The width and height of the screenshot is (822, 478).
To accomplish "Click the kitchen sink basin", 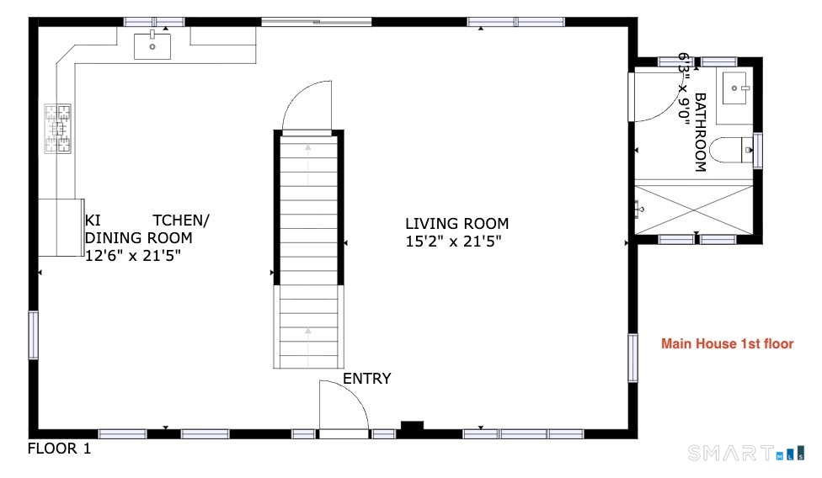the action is click(152, 46).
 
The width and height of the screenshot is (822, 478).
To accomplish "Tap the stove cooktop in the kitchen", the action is click(57, 128).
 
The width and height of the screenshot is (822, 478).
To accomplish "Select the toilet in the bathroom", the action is click(731, 150).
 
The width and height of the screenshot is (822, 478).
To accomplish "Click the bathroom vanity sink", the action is click(736, 88).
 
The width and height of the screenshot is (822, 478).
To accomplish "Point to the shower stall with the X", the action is click(694, 210).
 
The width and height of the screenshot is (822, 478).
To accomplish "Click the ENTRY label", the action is click(367, 379).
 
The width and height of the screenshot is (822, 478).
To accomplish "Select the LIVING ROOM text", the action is click(457, 224).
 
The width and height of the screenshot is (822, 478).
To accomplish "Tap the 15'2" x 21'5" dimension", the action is click(453, 242).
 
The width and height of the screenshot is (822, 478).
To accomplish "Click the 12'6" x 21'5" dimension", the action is click(133, 256).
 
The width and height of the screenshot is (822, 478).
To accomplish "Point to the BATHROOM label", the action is click(701, 132).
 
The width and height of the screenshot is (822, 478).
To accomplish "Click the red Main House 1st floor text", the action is click(727, 344).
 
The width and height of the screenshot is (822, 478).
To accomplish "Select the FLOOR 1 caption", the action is click(59, 449).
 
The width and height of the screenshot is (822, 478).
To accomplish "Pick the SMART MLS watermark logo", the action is click(746, 453).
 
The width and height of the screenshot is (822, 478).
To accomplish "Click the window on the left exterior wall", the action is click(33, 335).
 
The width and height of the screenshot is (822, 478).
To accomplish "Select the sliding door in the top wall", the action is click(317, 22).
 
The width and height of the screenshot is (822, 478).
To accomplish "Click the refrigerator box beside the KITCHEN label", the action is click(61, 227).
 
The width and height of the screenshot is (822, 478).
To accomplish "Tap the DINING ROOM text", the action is click(138, 238).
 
